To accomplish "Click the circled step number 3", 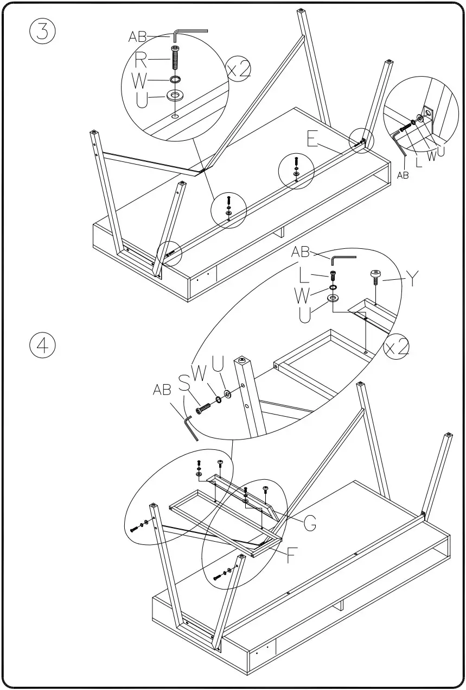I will tap(42, 32).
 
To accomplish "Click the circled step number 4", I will tap(42, 346).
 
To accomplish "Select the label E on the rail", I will tap(312, 139).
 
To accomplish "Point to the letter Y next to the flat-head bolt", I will tap(413, 279).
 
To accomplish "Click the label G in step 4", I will tap(310, 523).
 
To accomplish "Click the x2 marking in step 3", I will tap(239, 71).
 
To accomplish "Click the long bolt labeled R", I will tap(175, 58).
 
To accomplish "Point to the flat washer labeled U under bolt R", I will tap(175, 96).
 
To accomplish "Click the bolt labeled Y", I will tap(375, 276).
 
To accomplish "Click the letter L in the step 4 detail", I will tap(305, 278).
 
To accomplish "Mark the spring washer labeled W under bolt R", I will tap(175, 80).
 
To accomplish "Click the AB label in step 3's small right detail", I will tap(402, 175).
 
